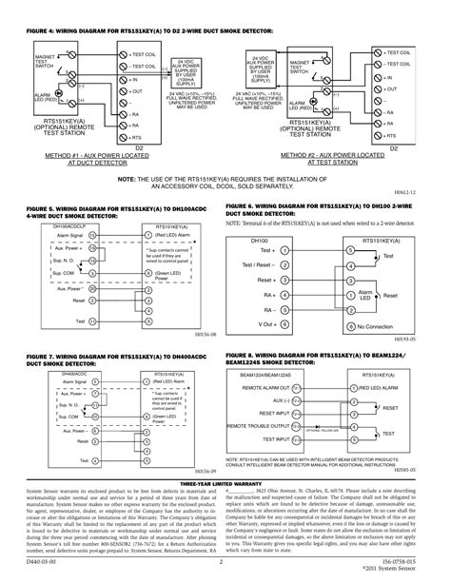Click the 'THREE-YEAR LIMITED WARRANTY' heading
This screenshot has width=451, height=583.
[x=225, y=483]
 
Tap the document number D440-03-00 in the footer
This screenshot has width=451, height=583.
[x=31, y=563]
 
